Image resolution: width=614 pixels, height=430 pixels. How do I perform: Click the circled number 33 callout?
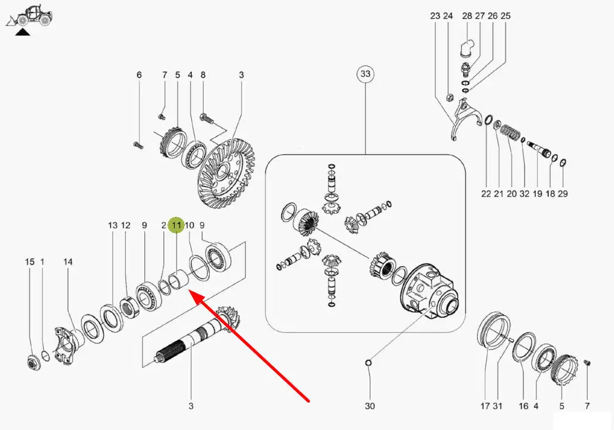365,74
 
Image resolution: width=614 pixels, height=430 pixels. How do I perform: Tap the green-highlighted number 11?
176,226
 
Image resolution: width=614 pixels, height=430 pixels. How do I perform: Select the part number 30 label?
370,406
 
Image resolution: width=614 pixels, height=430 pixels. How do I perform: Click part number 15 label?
30,262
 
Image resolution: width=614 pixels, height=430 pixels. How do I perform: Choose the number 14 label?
68,262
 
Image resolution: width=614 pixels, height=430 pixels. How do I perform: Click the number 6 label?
139,75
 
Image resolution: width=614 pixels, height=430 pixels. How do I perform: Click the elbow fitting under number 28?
467,48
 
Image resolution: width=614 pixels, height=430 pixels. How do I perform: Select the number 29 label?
563,194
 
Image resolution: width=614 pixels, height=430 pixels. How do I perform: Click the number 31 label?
498,406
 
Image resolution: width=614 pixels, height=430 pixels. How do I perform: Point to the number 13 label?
113,226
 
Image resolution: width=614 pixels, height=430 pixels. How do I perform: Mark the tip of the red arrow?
190,291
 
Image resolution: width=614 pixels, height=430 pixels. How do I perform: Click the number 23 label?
435,16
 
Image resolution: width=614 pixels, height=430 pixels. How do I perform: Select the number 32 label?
524,194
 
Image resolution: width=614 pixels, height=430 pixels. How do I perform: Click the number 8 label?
203,75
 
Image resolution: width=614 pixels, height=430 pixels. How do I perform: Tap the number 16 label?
523,406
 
